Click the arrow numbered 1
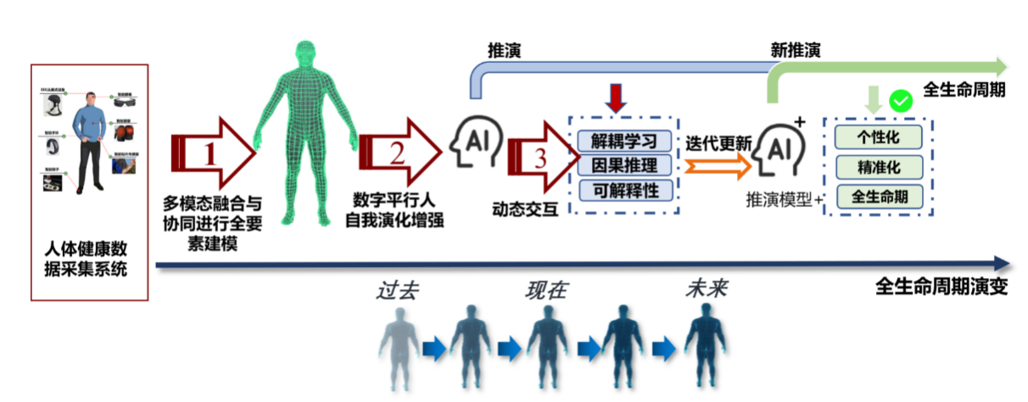tap(213, 152)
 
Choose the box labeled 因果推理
tap(624, 165)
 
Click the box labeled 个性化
tap(879, 137)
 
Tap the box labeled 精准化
tap(879, 166)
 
